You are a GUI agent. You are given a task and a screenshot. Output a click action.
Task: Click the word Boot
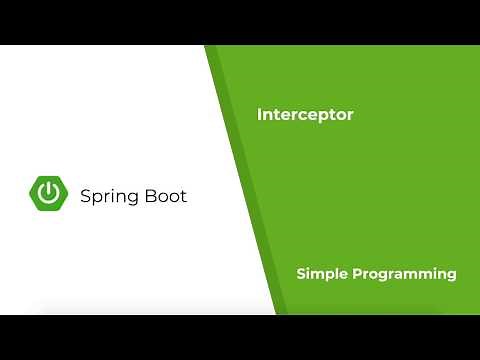(165, 196)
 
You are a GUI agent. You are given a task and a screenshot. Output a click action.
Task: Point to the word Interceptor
(305, 115)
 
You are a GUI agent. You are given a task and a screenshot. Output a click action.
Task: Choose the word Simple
(319, 274)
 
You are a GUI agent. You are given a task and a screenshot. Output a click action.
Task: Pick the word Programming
(403, 274)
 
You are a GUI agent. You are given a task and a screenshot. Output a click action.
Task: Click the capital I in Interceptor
(259, 115)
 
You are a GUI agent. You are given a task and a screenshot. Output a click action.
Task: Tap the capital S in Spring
(85, 196)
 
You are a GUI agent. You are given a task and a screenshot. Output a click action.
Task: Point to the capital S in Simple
(300, 273)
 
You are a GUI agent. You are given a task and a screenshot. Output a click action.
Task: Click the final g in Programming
(452, 276)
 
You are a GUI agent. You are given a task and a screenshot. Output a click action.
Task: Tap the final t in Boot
(183, 196)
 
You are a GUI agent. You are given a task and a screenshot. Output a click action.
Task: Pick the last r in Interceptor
(350, 116)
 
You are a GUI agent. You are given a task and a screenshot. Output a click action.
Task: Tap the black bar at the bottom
(240, 337)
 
